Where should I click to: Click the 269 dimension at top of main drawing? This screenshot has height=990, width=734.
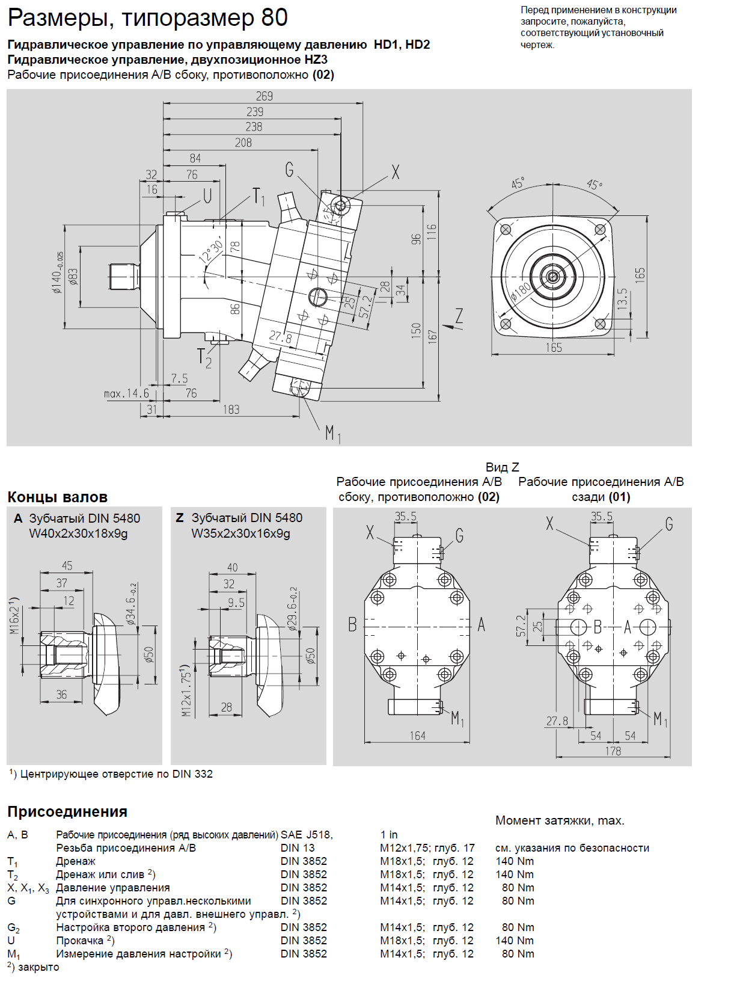[x=264, y=96]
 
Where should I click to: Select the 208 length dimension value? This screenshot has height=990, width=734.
[x=243, y=143]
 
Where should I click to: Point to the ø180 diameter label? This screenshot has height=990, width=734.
[x=521, y=292]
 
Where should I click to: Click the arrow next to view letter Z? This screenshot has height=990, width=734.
[x=447, y=326]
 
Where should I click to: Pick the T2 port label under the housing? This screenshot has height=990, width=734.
[x=204, y=357]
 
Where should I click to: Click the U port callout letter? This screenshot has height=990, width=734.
[x=207, y=195]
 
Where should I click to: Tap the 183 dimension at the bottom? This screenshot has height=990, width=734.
[x=231, y=410]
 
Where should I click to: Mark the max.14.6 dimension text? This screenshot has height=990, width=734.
[x=126, y=393]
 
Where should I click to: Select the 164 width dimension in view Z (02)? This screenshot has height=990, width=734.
[x=418, y=736]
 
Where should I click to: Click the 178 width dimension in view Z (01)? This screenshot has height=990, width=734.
[x=613, y=751]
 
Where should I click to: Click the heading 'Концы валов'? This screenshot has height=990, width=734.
[x=58, y=497]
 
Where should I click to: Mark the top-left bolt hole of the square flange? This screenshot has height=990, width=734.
[x=506, y=229]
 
